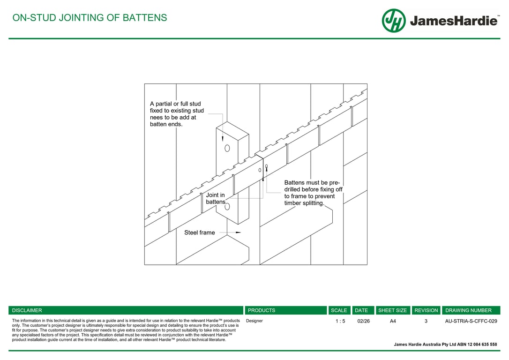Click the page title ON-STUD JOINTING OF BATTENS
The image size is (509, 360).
90,18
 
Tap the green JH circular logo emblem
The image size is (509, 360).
394,21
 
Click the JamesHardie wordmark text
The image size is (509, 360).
453,21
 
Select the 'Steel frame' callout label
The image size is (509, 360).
199,232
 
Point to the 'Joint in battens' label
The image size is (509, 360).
216,198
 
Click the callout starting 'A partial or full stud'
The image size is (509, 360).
177,114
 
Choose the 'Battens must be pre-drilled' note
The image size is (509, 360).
313,193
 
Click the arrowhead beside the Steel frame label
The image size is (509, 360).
238,232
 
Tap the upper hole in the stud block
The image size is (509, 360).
227,148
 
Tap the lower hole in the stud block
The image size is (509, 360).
227,206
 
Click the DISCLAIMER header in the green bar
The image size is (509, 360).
27,310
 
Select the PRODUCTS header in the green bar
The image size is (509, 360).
262,310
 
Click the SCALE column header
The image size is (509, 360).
339,310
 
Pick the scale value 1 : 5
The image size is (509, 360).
340,321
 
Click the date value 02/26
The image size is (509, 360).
363,321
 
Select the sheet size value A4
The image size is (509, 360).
393,321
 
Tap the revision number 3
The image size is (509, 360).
426,321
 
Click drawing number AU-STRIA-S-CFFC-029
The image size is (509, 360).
471,321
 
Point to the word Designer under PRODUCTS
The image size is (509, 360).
254,321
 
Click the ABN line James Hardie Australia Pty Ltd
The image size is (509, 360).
445,345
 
